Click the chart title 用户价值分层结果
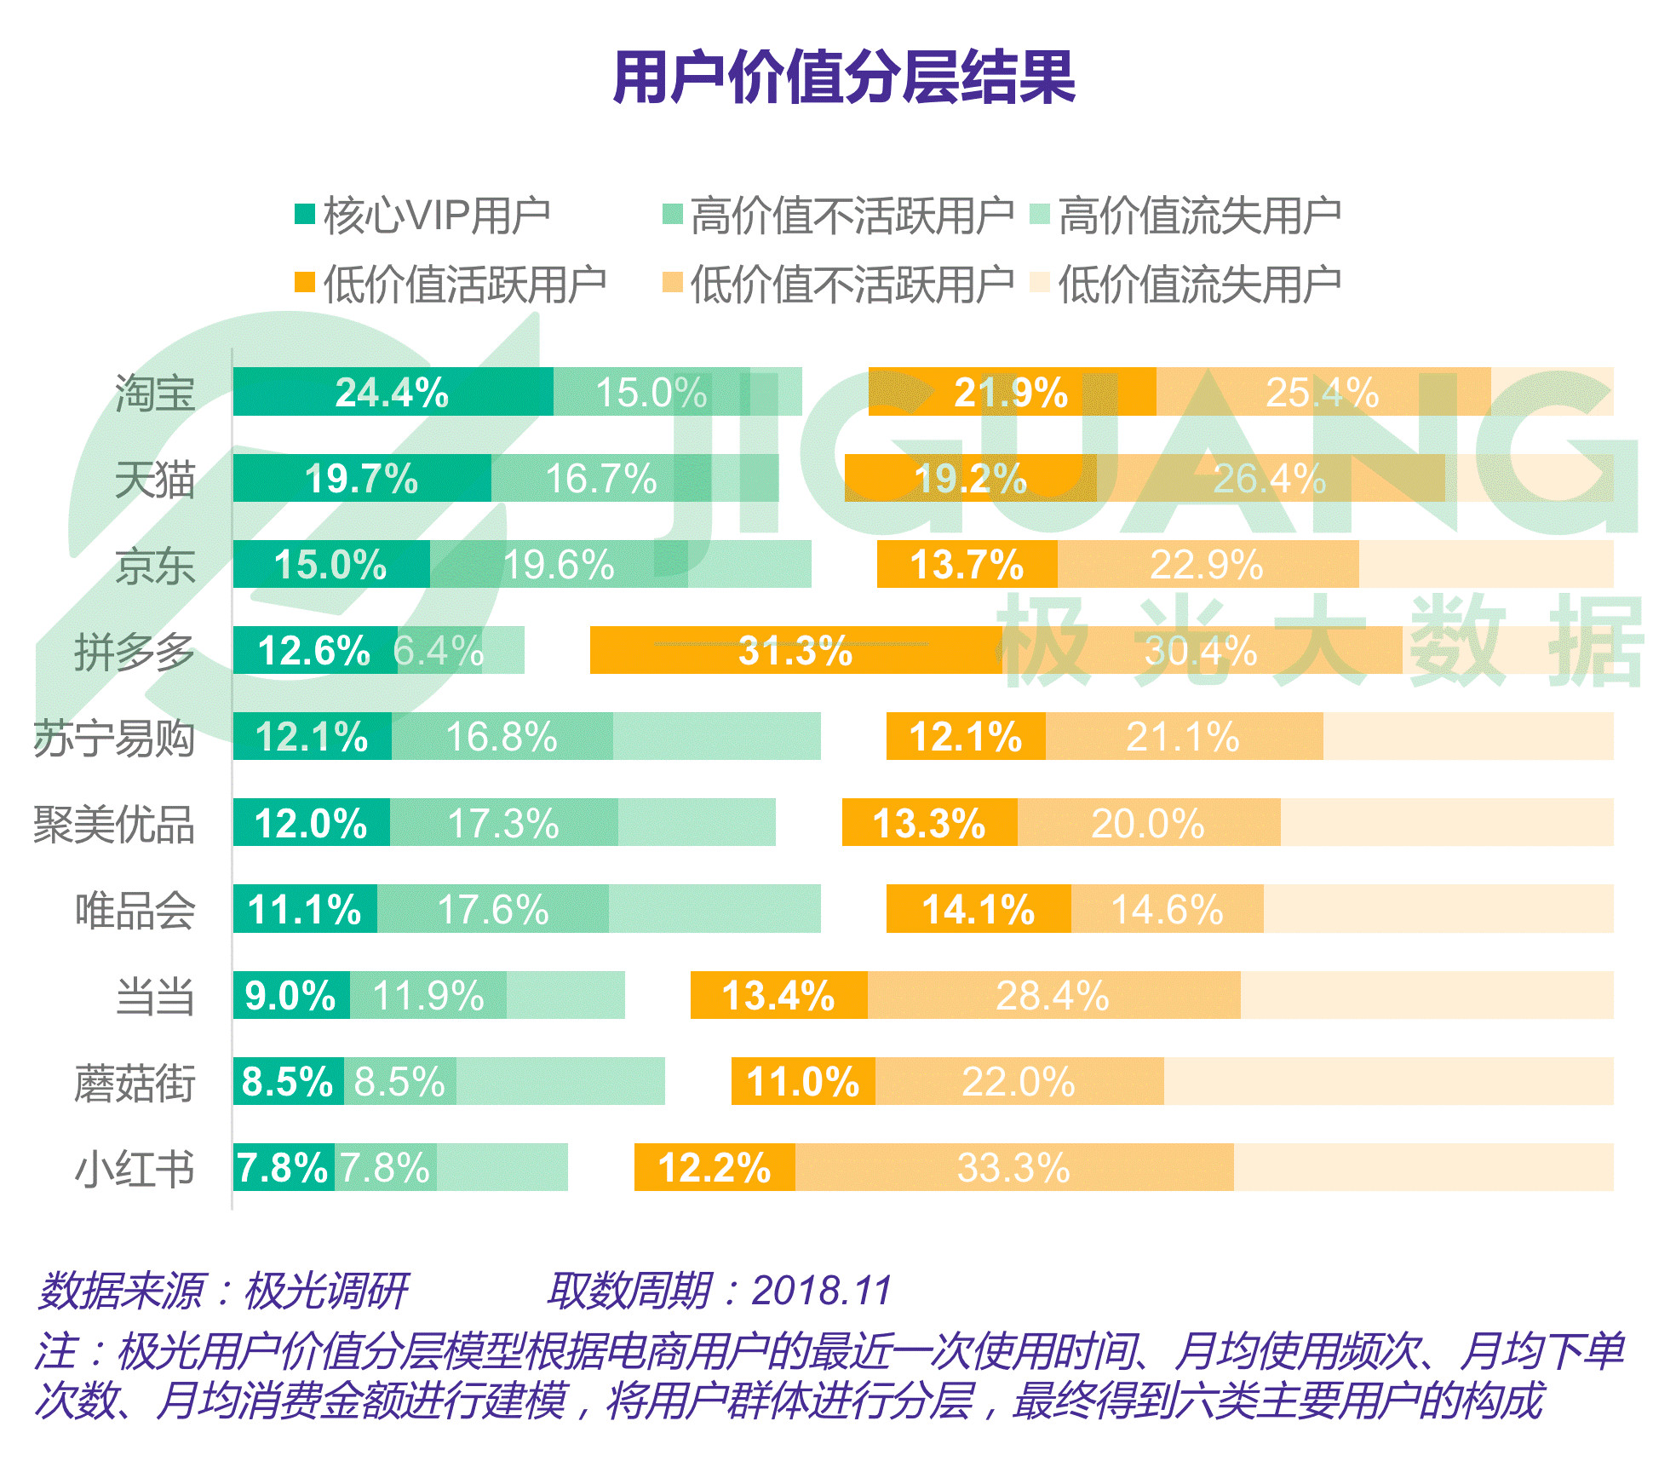(843, 78)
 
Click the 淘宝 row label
(155, 393)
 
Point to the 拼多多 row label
(135, 652)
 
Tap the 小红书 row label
(135, 1168)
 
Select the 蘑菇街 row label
(135, 1082)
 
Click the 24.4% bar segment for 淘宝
(393, 392)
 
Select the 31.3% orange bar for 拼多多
(795, 651)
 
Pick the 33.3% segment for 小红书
(1013, 1167)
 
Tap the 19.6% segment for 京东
(559, 564)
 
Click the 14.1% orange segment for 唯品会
(978, 909)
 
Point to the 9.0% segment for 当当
(290, 995)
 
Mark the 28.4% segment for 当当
(1053, 995)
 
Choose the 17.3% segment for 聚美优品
(503, 823)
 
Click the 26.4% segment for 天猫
(1269, 478)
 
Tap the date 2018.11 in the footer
(821, 1290)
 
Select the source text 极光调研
(325, 1290)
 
